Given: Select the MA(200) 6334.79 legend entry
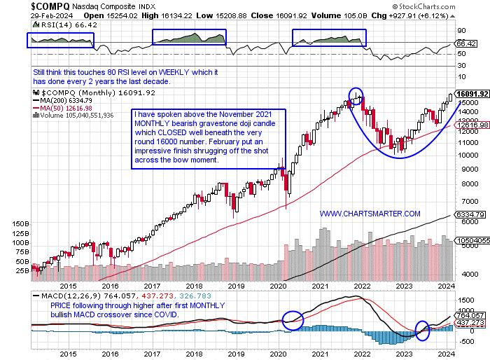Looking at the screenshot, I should point(67,100).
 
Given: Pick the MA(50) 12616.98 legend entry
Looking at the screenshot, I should point(69,108).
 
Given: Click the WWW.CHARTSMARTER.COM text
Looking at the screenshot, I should point(370,213).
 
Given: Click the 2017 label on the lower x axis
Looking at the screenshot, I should point(152,286).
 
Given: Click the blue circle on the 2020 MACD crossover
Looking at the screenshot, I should point(293,320).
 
